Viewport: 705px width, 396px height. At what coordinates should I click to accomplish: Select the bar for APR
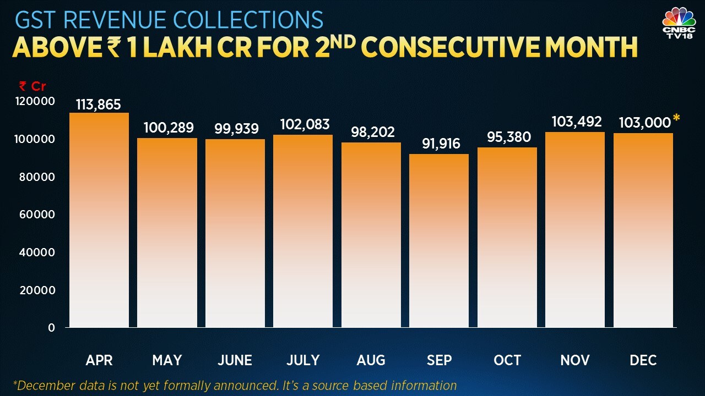[99, 220]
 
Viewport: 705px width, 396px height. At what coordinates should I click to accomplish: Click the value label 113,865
[99, 105]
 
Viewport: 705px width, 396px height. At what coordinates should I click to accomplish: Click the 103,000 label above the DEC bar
[644, 123]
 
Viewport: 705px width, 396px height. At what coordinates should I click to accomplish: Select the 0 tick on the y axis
[52, 328]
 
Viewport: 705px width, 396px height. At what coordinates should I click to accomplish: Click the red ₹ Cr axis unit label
[32, 86]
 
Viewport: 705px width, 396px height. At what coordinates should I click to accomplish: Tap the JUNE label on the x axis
[235, 360]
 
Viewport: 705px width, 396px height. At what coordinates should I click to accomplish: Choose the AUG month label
[371, 360]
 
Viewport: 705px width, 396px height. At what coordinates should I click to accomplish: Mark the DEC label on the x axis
[643, 360]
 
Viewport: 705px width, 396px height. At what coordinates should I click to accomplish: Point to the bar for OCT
[507, 237]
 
